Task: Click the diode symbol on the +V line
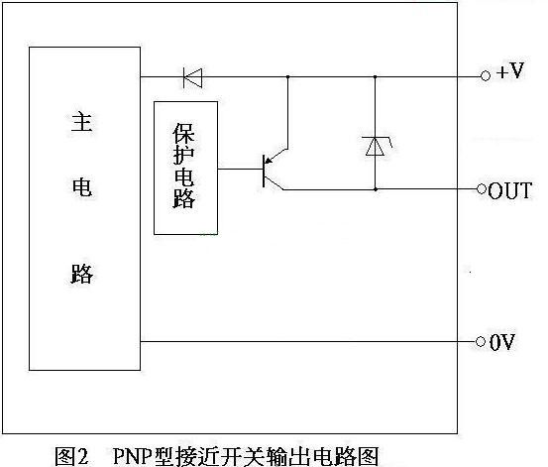tap(192, 77)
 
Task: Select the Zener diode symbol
tap(376, 146)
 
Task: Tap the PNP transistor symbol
tap(274, 170)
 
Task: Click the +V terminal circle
tap(486, 75)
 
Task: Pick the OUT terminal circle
tap(482, 189)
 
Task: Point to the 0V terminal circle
tap(481, 341)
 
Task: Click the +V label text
tap(510, 71)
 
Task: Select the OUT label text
tap(510, 190)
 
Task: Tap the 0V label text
tap(501, 342)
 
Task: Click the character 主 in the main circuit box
tap(82, 122)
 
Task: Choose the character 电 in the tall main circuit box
tap(82, 187)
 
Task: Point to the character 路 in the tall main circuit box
tap(82, 274)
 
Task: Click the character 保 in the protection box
tap(184, 133)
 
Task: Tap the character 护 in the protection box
tap(184, 155)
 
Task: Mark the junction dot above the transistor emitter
tap(288, 76)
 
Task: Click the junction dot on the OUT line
tap(376, 189)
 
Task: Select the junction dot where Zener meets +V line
tap(375, 76)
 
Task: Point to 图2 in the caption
tap(72, 456)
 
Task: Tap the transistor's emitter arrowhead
tap(269, 161)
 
